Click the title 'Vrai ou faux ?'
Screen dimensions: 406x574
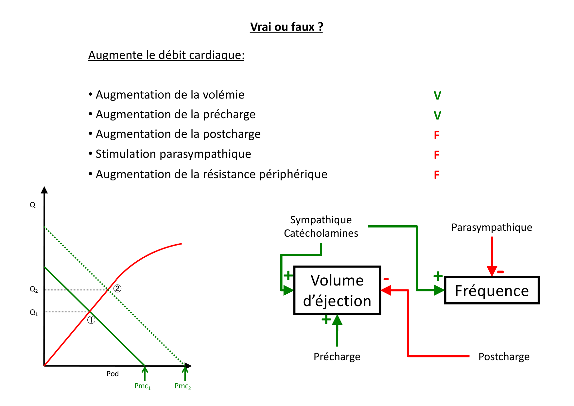[286, 27]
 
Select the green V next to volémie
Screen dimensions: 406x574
[437, 96]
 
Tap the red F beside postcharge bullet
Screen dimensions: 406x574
[437, 135]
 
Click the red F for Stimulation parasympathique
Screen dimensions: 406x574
[437, 155]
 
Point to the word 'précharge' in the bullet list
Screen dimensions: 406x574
[229, 115]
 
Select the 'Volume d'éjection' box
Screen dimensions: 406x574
[337, 290]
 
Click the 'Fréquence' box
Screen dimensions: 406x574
[492, 290]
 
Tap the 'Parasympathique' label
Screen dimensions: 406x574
[492, 227]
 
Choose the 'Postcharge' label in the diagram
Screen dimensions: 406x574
[504, 357]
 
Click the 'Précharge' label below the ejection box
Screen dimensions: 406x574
[337, 357]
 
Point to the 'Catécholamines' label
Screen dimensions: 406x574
[321, 233]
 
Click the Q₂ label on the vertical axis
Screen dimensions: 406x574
[34, 289]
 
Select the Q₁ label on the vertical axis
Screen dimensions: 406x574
[34, 313]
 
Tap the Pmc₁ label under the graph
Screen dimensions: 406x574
[143, 386]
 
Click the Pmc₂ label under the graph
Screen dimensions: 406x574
[183, 386]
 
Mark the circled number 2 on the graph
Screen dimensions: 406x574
[117, 288]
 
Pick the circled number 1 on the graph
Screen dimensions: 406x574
[91, 320]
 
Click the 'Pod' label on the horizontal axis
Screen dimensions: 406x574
[113, 374]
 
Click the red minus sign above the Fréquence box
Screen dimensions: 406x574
[500, 272]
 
